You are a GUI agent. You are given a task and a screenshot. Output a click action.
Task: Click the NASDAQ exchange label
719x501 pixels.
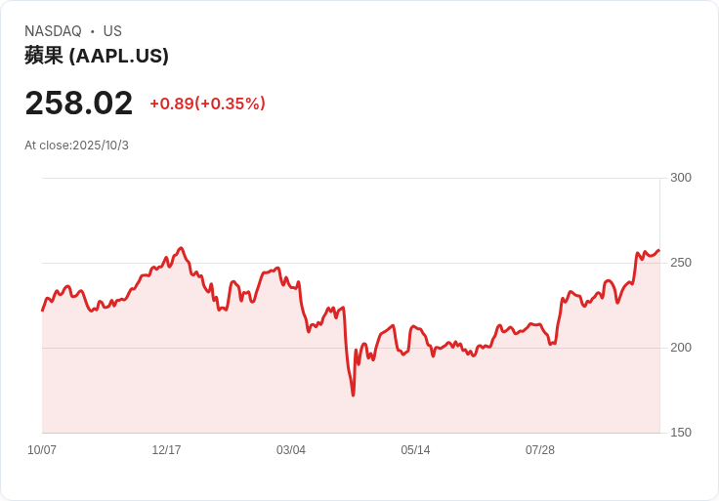pos(53,31)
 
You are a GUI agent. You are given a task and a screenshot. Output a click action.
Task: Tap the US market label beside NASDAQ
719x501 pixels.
pos(112,31)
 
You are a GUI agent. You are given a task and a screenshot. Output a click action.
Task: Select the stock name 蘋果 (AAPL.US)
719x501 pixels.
pos(97,56)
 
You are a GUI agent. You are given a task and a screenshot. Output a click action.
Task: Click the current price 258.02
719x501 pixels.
pos(79,103)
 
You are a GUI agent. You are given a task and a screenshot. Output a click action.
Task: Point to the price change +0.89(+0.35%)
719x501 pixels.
pos(208,104)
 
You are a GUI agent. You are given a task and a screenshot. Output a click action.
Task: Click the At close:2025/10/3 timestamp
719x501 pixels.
pos(76,146)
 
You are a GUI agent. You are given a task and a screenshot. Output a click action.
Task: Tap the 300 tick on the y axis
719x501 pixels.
pos(681,178)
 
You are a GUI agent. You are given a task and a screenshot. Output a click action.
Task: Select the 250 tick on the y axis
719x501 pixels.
pos(681,263)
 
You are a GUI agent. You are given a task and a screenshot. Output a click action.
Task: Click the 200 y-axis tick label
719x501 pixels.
pos(681,348)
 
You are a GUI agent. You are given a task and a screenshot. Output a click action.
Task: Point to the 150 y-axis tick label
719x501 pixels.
pos(681,433)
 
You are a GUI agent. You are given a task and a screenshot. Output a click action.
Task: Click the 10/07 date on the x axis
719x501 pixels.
pos(42,450)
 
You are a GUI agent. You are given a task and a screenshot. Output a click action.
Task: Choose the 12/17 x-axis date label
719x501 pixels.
pos(166,450)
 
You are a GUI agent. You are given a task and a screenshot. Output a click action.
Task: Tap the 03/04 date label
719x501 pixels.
pos(291,450)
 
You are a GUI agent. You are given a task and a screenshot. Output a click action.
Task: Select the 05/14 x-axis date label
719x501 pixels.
pos(415,450)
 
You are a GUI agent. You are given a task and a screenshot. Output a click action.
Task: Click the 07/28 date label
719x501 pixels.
pos(539,450)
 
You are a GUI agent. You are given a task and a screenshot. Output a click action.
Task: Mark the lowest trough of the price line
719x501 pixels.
pos(353,396)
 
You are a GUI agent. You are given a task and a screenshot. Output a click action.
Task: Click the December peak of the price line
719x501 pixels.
pos(181,248)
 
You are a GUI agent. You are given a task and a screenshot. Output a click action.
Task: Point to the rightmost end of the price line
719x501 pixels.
pos(659,250)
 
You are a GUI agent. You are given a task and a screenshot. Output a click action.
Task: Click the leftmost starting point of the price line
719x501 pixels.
pos(42,311)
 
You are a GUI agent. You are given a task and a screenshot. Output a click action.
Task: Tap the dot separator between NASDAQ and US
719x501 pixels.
pos(93,31)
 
